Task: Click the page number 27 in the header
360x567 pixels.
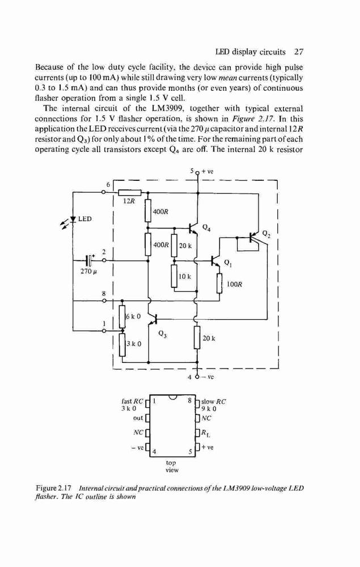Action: tap(299, 52)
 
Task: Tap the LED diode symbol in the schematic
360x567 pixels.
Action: tap(73, 219)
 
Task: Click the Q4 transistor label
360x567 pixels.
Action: tap(206, 228)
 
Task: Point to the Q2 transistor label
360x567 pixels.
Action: tap(266, 233)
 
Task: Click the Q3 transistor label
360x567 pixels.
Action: tap(162, 334)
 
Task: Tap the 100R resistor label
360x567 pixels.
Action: tap(234, 284)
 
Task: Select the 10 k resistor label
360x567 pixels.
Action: tap(185, 277)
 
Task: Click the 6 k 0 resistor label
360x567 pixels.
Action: tap(133, 316)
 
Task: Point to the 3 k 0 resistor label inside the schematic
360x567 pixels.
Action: tap(133, 344)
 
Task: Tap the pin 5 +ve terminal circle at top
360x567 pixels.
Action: tap(197, 173)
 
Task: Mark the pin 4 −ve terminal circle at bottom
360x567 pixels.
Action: tap(197, 377)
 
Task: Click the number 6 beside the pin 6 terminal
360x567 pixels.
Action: tap(108, 184)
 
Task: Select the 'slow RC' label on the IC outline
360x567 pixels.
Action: tap(214, 401)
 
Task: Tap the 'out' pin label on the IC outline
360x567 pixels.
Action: tap(138, 418)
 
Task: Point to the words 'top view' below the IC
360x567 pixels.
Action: tap(172, 467)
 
